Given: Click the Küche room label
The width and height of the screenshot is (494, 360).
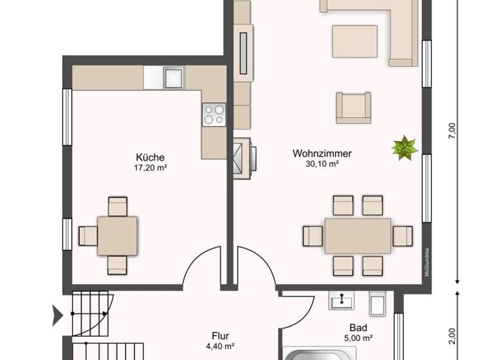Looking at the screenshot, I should coord(150,157).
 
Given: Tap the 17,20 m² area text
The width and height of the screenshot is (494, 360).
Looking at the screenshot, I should coord(150,167).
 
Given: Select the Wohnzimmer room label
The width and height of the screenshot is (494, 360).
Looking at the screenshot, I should coord(322,153).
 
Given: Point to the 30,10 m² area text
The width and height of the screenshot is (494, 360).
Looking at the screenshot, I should coord(322,164).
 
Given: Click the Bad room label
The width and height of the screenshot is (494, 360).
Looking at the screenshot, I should coord(358,327).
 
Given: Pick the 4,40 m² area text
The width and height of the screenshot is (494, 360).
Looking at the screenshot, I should coord(219,346).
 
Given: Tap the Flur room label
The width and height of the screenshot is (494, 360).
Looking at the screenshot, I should coord(220,336).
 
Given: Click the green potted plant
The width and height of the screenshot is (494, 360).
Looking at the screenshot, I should coord(404,148).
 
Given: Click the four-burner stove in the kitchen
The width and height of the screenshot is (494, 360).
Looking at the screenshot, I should coord(214,114).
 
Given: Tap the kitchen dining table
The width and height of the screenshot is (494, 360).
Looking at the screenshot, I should coord(117,235).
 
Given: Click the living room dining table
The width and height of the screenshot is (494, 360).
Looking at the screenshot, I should coord(358,236).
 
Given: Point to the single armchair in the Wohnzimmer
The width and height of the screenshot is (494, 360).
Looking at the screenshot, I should coord(353,107).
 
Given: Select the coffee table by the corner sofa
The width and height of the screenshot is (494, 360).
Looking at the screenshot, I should coord(354,41).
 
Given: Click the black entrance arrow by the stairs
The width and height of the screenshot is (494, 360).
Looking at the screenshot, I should coord(57,314).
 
